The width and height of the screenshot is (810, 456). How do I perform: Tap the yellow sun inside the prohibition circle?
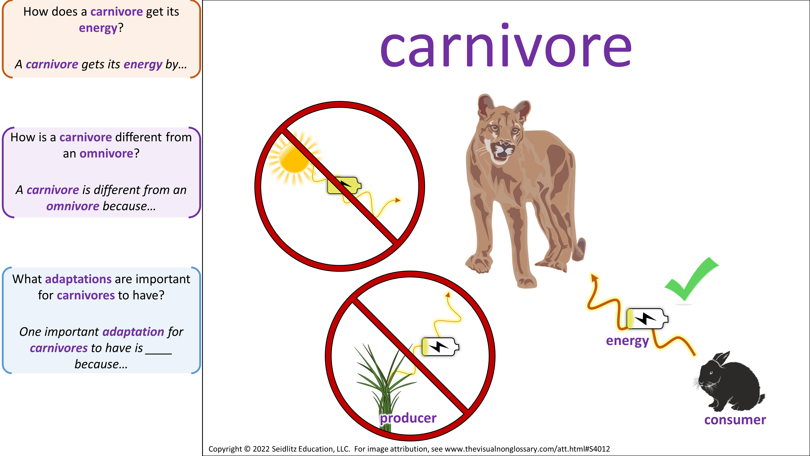click(294, 157)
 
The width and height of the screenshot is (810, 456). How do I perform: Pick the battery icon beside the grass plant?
click(440, 347)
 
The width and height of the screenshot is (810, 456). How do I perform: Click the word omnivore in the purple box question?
click(107, 154)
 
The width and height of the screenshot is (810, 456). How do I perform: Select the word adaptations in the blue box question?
click(78, 279)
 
